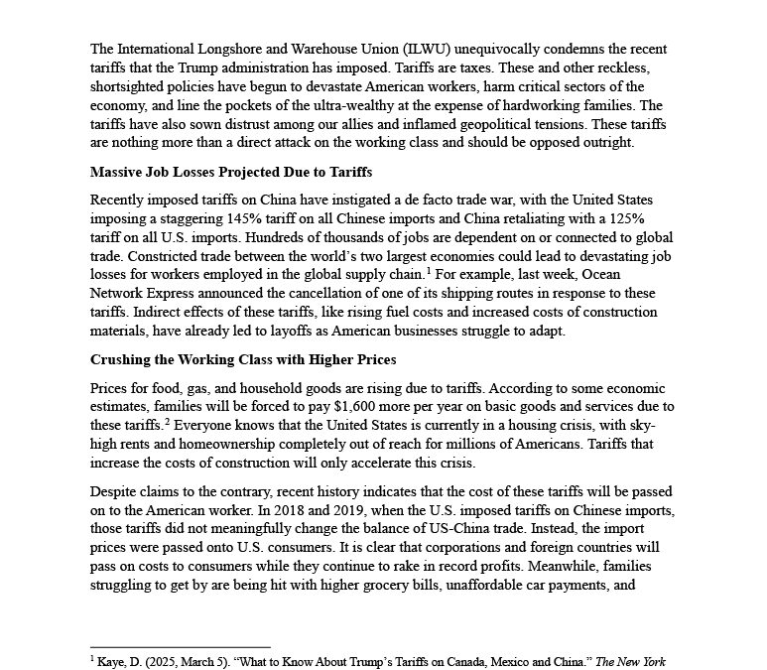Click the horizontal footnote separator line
pos(180,646)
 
